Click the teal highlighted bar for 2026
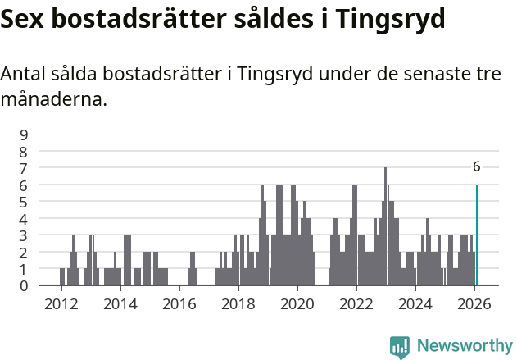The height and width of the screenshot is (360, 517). pyautogui.click(x=476, y=235)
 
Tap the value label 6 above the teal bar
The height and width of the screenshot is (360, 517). pyautogui.click(x=476, y=166)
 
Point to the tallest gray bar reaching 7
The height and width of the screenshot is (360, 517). pyautogui.click(x=385, y=226)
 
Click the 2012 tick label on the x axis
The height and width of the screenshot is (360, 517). pyautogui.click(x=61, y=303)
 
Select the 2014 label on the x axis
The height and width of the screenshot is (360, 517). pyautogui.click(x=120, y=303)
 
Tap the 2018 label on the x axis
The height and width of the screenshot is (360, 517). pyautogui.click(x=238, y=303)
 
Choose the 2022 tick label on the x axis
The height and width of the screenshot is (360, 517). pyautogui.click(x=356, y=303)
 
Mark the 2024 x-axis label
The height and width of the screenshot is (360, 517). pyautogui.click(x=415, y=303)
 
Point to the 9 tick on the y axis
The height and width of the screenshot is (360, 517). pyautogui.click(x=24, y=134)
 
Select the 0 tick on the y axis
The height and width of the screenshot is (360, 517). pyautogui.click(x=24, y=285)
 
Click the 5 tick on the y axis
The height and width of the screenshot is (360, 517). pyautogui.click(x=24, y=202)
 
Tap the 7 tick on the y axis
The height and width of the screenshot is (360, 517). pyautogui.click(x=24, y=168)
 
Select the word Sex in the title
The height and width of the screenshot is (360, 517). pyautogui.click(x=21, y=18)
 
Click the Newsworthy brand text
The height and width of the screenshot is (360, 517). pyautogui.click(x=464, y=346)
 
